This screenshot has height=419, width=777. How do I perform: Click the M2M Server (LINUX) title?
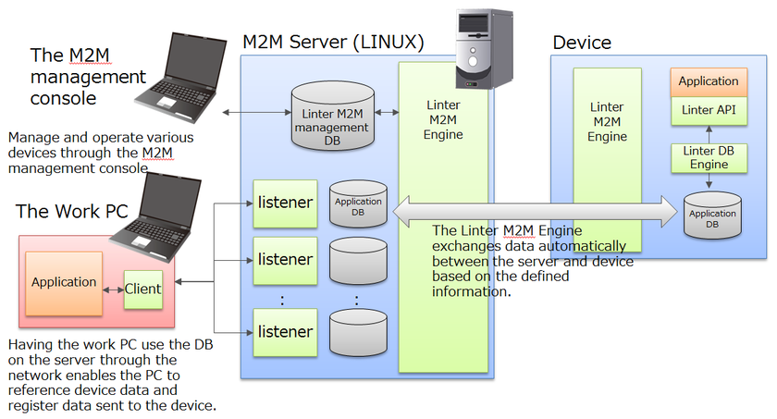tap(333, 43)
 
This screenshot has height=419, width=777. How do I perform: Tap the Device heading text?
tap(582, 43)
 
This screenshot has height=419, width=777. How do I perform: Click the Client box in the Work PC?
tap(143, 288)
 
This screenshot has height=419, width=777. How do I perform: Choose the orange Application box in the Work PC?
tap(63, 281)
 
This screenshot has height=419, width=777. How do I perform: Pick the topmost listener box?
tap(285, 202)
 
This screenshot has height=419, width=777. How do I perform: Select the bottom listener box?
tap(285, 330)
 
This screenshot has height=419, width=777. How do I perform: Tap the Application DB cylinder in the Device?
tap(712, 215)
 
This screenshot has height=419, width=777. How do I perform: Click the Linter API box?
tap(709, 110)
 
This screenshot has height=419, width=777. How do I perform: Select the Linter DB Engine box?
tap(709, 158)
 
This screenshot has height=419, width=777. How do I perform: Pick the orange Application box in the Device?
tap(709, 81)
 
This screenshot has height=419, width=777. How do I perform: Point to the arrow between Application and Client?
tap(110, 289)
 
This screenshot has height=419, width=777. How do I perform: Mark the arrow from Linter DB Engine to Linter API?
tap(709, 134)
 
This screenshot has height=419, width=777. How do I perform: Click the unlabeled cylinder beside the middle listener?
tap(358, 261)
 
